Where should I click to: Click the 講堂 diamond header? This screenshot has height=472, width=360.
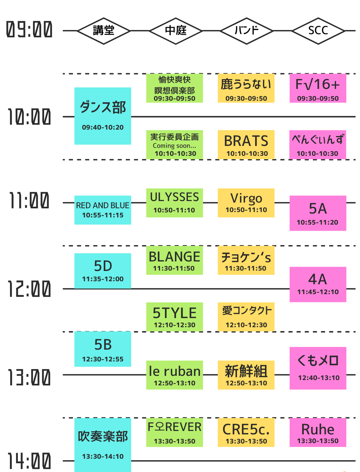(103, 30)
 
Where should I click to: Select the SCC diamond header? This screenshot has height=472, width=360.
(318, 30)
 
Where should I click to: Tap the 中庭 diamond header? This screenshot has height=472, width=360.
(175, 30)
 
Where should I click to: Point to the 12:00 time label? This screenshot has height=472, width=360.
(29, 289)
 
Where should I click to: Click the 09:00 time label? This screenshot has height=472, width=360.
(29, 30)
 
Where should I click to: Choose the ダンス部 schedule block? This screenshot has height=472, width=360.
(103, 116)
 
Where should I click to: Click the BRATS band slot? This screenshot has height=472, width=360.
(246, 144)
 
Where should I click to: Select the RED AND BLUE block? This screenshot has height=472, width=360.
(103, 210)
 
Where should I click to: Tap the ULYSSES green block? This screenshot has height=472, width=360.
(174, 203)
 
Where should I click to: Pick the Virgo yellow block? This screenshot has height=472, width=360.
(246, 203)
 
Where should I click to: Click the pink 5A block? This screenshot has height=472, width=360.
(318, 213)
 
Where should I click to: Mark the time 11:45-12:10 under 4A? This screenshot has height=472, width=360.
(318, 292)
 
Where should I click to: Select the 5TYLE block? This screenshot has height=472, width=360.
(174, 317)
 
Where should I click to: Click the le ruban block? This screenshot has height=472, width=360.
(174, 375)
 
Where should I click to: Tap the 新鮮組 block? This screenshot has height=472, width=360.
(246, 375)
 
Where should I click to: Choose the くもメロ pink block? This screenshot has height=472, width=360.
(318, 368)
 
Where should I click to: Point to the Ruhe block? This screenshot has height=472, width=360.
(318, 432)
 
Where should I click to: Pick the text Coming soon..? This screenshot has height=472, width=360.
(174, 146)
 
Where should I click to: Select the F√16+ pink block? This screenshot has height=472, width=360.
(318, 88)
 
